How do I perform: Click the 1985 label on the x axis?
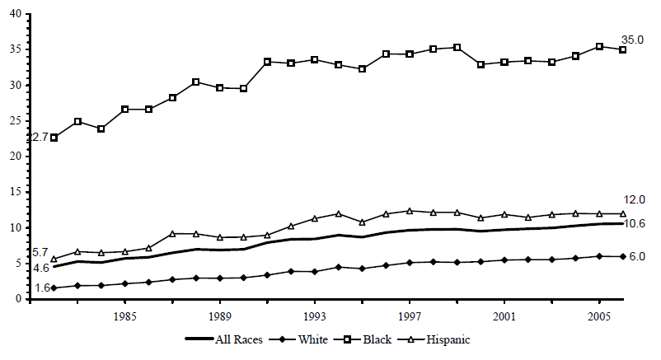pos(125,316)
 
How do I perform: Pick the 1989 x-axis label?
pos(220,316)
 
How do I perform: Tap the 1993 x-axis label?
pos(315,316)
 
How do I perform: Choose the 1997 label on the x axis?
pos(410,316)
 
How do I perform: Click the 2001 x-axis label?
pos(504,316)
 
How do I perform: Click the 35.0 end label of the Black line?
pos(632,40)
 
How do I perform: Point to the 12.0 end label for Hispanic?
pos(632,200)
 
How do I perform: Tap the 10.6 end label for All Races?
pos(633,224)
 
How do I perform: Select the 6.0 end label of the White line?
pos(636,257)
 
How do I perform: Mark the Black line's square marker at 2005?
pos(599,47)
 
